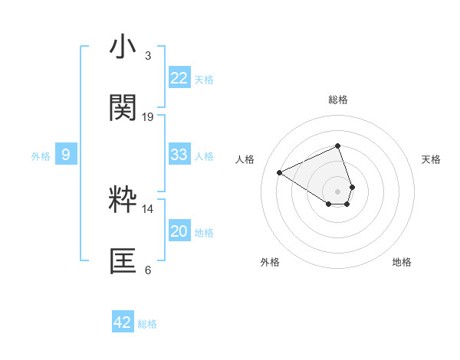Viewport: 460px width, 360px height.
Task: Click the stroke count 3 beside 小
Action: [x=147, y=56]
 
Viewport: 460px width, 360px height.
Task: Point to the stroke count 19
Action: [x=148, y=116]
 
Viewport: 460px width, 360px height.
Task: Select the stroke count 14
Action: [x=148, y=208]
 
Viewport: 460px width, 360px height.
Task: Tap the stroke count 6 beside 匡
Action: [x=147, y=270]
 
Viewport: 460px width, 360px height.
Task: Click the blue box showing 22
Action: [x=179, y=78]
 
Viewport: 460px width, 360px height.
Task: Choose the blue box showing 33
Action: [x=179, y=155]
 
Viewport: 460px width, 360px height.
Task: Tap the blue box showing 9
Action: [x=66, y=155]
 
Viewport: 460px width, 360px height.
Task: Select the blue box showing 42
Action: [x=123, y=322]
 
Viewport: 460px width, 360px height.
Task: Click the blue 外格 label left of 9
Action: [x=41, y=156]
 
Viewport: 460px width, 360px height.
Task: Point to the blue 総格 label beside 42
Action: [x=147, y=324]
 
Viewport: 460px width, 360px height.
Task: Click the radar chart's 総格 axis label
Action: [x=337, y=100]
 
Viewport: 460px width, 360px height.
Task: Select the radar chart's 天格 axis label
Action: [x=432, y=159]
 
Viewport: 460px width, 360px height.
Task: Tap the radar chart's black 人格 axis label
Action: [x=245, y=159]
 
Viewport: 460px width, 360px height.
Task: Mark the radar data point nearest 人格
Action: [x=280, y=172]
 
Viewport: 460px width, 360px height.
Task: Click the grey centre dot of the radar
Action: [x=337, y=190]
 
